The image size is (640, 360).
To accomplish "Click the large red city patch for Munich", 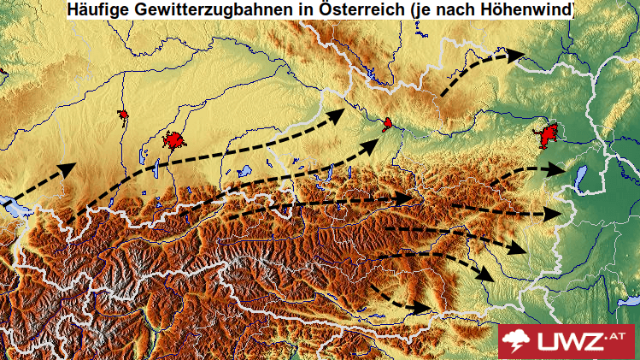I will pyautogui.click(x=176, y=140).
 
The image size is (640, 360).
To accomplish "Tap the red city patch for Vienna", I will pyautogui.click(x=547, y=135).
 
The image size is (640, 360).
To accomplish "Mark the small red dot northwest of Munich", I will pyautogui.click(x=123, y=114).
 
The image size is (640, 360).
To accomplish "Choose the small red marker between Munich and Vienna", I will pyautogui.click(x=387, y=124).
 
